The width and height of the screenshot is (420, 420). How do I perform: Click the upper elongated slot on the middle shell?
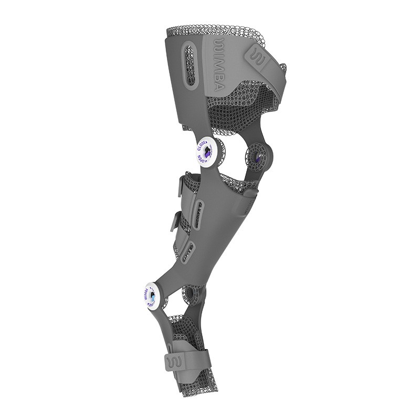[x=200, y=207]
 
